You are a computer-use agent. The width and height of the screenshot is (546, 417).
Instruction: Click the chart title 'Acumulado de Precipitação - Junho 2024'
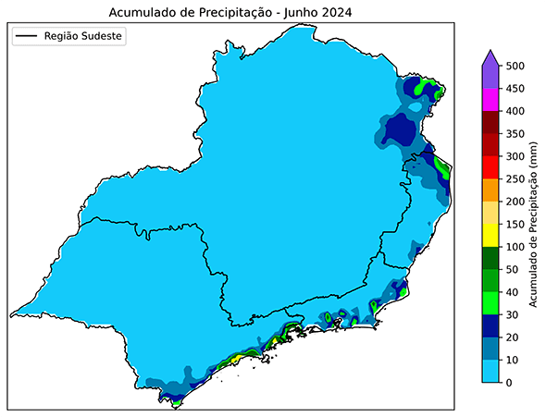(x=231, y=12)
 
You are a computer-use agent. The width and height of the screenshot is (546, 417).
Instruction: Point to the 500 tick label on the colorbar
(x=515, y=67)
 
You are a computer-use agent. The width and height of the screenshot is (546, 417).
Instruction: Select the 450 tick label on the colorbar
(x=515, y=89)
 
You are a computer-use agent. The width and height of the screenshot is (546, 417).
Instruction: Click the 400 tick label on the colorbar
(x=515, y=111)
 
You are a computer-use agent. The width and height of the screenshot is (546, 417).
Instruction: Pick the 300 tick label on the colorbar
(x=515, y=156)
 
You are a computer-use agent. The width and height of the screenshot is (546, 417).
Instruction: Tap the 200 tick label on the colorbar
(x=515, y=202)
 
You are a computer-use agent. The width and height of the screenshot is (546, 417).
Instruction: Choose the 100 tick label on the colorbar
(x=515, y=247)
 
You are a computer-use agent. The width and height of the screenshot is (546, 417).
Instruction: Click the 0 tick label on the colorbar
(x=509, y=383)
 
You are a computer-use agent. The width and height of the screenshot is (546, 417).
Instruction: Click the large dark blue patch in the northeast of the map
(x=400, y=129)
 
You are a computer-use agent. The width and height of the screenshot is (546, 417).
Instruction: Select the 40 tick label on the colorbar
(x=513, y=292)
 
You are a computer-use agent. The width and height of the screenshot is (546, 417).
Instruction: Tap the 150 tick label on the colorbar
(x=515, y=225)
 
